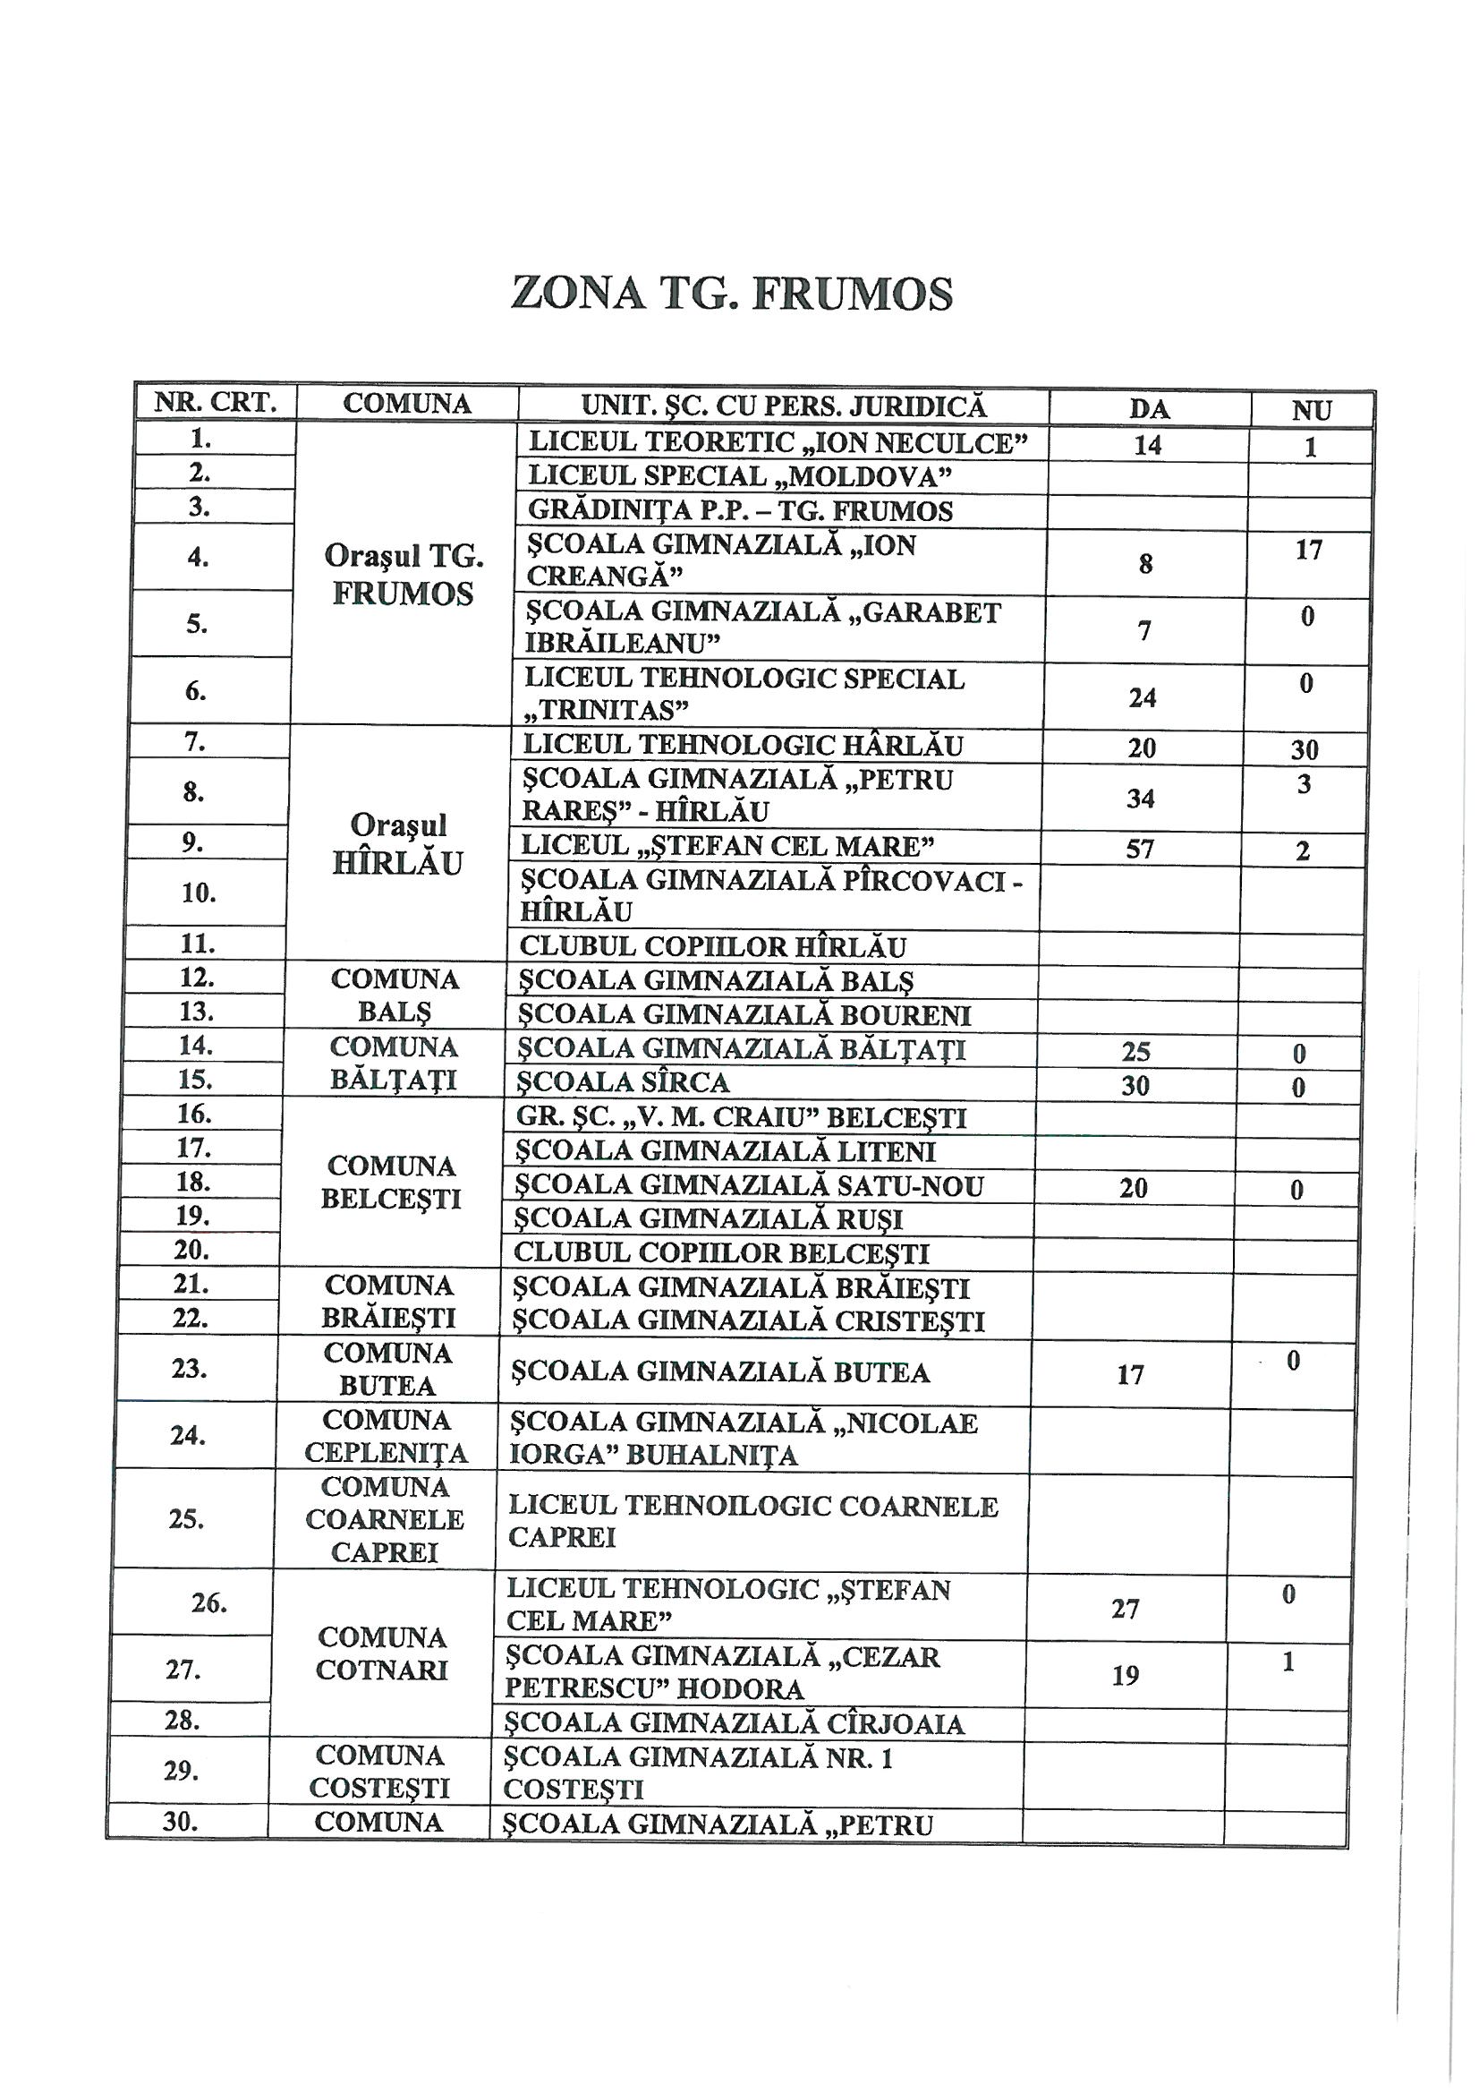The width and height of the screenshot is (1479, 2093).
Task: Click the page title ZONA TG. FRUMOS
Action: [732, 294]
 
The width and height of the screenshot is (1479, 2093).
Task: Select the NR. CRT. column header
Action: [215, 402]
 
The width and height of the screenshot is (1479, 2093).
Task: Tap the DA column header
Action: [1149, 408]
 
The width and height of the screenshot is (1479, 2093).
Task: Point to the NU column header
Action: [1312, 411]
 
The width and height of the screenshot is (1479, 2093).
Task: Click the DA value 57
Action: [1139, 850]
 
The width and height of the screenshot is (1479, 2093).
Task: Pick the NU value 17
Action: [1309, 550]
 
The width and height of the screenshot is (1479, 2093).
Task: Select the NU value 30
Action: [1305, 749]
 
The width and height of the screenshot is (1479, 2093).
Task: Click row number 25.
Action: [187, 1518]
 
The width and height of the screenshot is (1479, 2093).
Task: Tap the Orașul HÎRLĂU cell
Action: [398, 844]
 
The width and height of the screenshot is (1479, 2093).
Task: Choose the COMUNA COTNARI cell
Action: [383, 1653]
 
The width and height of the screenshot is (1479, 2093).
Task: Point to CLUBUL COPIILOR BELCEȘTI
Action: [721, 1252]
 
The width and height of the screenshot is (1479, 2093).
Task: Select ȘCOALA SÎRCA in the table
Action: [624, 1082]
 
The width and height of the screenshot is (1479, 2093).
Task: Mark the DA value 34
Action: [1140, 799]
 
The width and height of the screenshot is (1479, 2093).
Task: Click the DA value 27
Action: [1126, 1609]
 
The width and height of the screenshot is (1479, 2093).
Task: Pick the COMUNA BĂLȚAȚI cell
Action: [393, 1063]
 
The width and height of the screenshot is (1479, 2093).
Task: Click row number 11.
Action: [197, 944]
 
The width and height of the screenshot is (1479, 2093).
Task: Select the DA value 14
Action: [1147, 445]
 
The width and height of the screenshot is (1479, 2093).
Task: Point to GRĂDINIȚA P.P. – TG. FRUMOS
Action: [740, 510]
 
